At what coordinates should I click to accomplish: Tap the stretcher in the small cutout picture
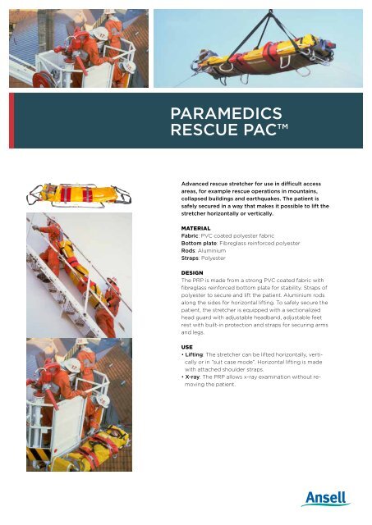point(82,194)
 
